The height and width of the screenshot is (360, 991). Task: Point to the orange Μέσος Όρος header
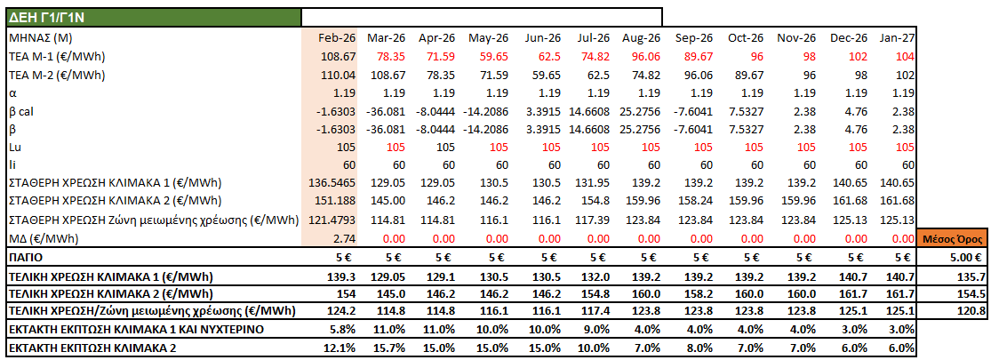pos(953,239)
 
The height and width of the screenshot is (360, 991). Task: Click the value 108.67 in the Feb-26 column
pos(338,56)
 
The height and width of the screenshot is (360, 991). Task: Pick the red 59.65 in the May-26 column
pos(490,56)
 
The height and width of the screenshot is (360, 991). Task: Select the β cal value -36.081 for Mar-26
pos(387,111)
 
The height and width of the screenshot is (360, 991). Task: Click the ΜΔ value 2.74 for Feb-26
pos(343,239)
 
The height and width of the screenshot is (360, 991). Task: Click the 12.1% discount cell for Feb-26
pos(341,348)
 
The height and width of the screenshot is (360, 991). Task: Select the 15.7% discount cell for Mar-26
pos(392,348)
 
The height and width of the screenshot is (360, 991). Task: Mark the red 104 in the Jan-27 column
pos(905,56)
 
